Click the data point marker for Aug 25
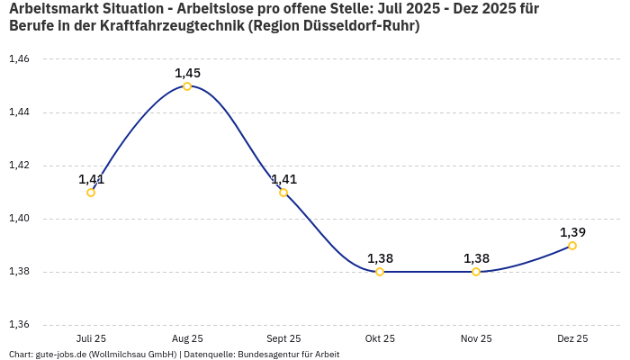pyautogui.click(x=187, y=86)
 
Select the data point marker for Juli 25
pyautogui.click(x=91, y=193)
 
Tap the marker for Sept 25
pyautogui.click(x=283, y=193)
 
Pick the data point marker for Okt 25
pyautogui.click(x=380, y=272)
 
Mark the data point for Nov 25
pyautogui.click(x=476, y=272)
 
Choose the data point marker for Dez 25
pyautogui.click(x=572, y=246)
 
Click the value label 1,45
pyautogui.click(x=187, y=73)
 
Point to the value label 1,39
pyautogui.click(x=572, y=232)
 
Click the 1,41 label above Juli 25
pyautogui.click(x=91, y=179)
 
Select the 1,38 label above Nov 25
pyautogui.click(x=476, y=258)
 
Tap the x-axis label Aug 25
pyautogui.click(x=187, y=338)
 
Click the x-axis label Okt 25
pyautogui.click(x=380, y=338)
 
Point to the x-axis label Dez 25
pyautogui.click(x=572, y=338)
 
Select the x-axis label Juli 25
pyautogui.click(x=91, y=338)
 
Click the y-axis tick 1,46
pyautogui.click(x=19, y=59)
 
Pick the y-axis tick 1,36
pyautogui.click(x=19, y=325)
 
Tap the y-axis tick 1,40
pyautogui.click(x=19, y=219)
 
